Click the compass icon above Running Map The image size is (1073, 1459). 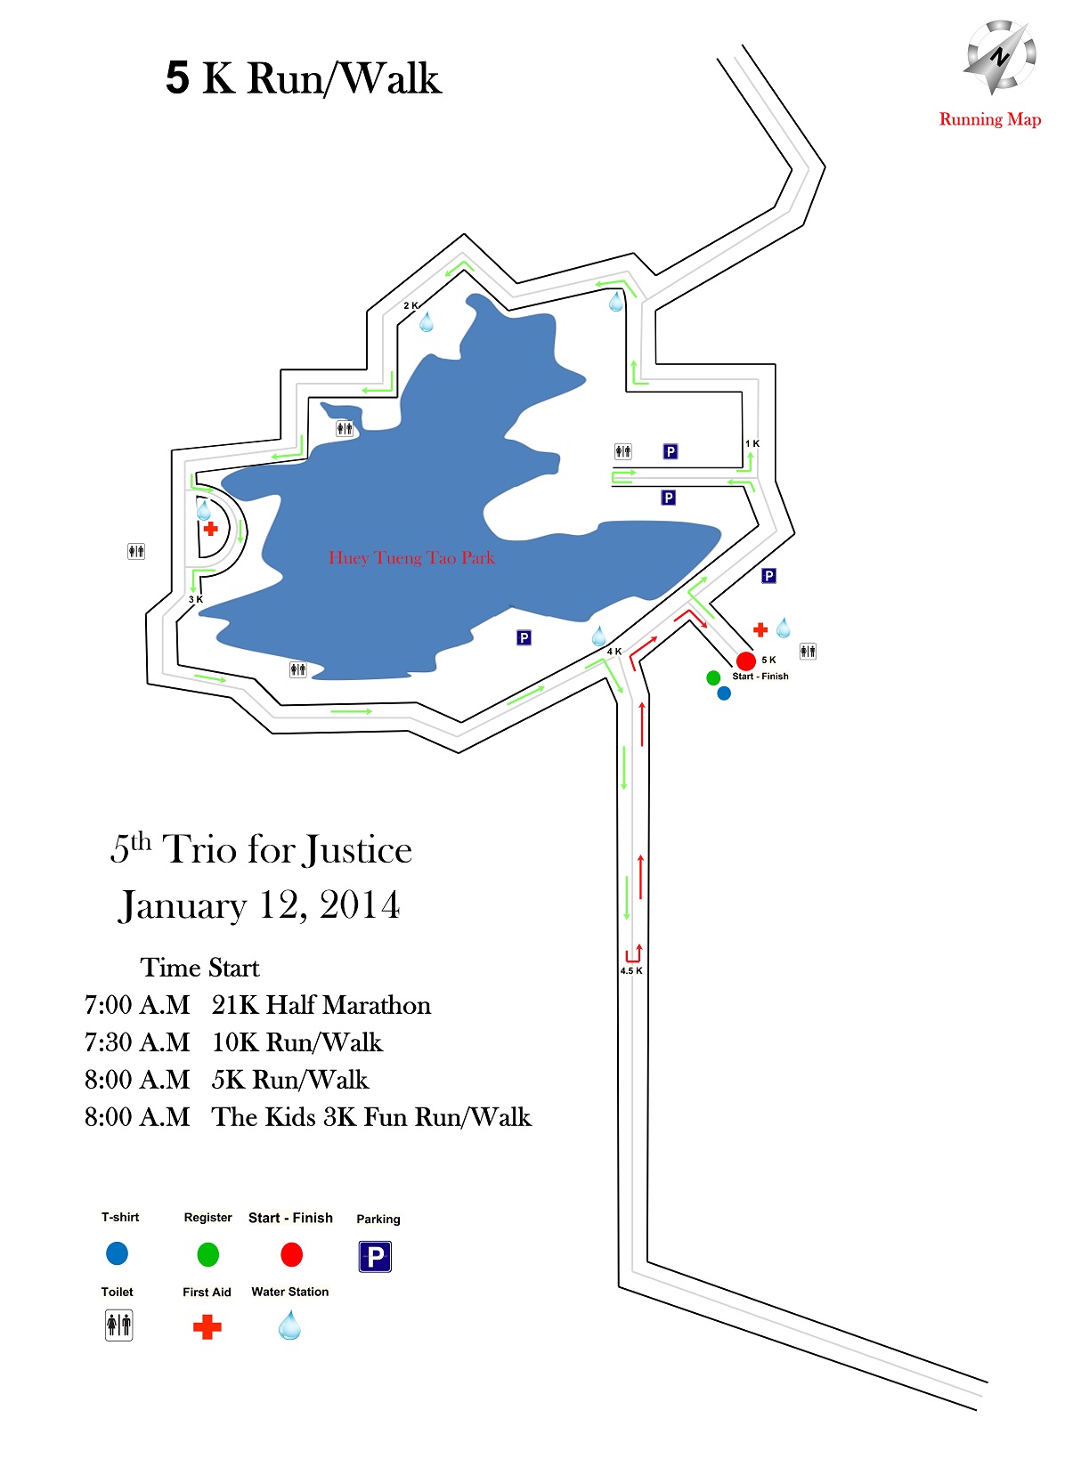tap(999, 57)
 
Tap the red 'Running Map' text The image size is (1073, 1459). tap(989, 120)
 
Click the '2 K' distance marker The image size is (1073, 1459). tap(411, 305)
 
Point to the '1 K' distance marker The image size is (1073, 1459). tap(752, 443)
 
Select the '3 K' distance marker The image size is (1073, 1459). tap(195, 599)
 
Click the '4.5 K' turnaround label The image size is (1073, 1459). tap(631, 970)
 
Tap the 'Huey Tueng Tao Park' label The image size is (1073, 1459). tap(411, 557)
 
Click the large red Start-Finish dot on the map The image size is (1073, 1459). tap(746, 661)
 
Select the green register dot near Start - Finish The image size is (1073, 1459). tap(713, 678)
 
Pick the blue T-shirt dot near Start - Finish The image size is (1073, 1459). tap(724, 693)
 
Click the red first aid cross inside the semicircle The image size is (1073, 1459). tap(210, 528)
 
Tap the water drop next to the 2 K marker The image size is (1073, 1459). tap(427, 321)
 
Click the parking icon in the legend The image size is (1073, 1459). tap(375, 1256)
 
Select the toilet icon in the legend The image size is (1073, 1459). tap(118, 1325)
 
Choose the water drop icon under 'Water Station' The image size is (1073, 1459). tap(290, 1325)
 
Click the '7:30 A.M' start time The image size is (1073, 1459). tap(137, 1042)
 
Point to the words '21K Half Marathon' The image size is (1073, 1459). tap(321, 1005)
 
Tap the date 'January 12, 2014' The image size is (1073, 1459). tap(259, 905)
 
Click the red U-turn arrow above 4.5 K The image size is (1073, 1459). tap(634, 952)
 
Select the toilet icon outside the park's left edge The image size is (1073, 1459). tap(136, 552)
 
